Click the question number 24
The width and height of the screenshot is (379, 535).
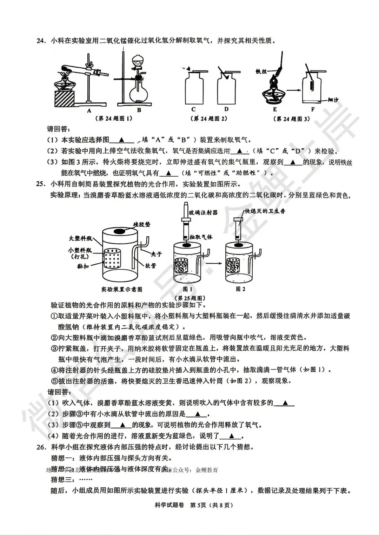[x=41, y=41]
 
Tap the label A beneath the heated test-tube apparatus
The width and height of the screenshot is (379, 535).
[x=89, y=110]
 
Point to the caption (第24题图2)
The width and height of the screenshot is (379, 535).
[x=211, y=118]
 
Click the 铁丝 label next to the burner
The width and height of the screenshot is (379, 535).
[x=261, y=72]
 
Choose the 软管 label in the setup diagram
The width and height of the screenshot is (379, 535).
[x=150, y=266]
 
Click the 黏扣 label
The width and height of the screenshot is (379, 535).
[x=83, y=266]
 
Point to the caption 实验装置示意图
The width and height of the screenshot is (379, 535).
[x=122, y=290]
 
